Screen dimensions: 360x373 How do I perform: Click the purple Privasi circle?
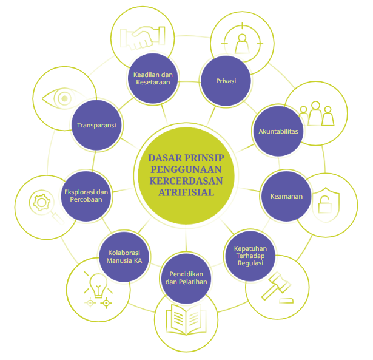(226, 81)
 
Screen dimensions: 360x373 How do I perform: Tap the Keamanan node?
(286, 196)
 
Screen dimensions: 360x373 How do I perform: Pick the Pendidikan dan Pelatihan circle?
(186, 277)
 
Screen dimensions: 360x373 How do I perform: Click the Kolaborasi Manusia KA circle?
(124, 256)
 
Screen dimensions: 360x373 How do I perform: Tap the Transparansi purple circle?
(96, 126)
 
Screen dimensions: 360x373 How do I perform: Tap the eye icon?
(59, 98)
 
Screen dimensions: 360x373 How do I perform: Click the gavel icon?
(276, 289)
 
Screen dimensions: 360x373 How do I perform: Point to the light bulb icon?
(98, 282)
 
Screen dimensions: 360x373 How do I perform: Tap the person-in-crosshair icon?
(241, 43)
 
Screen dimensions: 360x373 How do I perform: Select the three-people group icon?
(317, 113)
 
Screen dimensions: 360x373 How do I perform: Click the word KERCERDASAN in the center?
(186, 180)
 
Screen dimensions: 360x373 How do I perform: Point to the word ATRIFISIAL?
(186, 192)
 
